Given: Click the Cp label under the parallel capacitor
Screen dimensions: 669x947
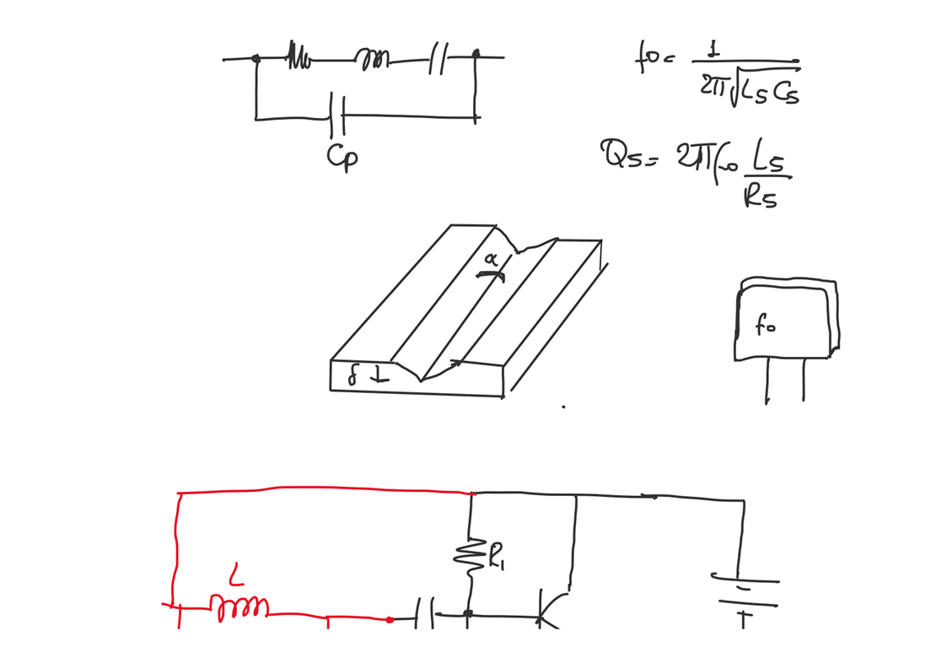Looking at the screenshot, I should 342,158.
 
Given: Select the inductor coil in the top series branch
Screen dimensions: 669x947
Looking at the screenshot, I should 372,59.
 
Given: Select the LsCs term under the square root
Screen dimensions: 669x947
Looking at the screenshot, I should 767,89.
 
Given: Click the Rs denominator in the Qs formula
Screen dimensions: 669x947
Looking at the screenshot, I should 760,197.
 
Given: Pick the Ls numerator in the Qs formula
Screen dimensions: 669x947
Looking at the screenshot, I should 771,161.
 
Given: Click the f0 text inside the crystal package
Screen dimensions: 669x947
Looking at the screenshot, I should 764,326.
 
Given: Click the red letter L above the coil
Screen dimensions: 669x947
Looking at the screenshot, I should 237,577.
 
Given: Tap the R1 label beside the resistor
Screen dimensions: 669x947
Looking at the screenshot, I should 498,557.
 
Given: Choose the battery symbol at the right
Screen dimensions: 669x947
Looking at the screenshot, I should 744,592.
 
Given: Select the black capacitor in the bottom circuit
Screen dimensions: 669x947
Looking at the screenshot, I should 425,614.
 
